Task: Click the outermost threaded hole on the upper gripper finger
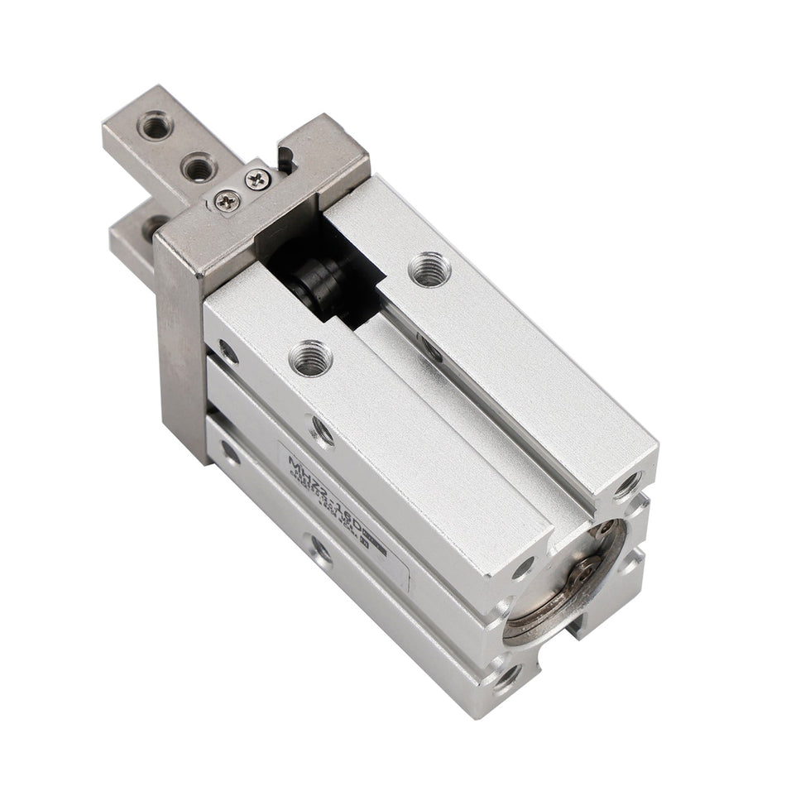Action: pyautogui.click(x=155, y=127)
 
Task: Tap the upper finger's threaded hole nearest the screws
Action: pyautogui.click(x=199, y=168)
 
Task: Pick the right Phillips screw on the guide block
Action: pyautogui.click(x=258, y=176)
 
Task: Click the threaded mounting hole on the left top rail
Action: pyautogui.click(x=310, y=358)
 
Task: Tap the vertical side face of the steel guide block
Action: pyautogui.click(x=178, y=347)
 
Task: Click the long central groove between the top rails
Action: pyautogui.click(x=480, y=414)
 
